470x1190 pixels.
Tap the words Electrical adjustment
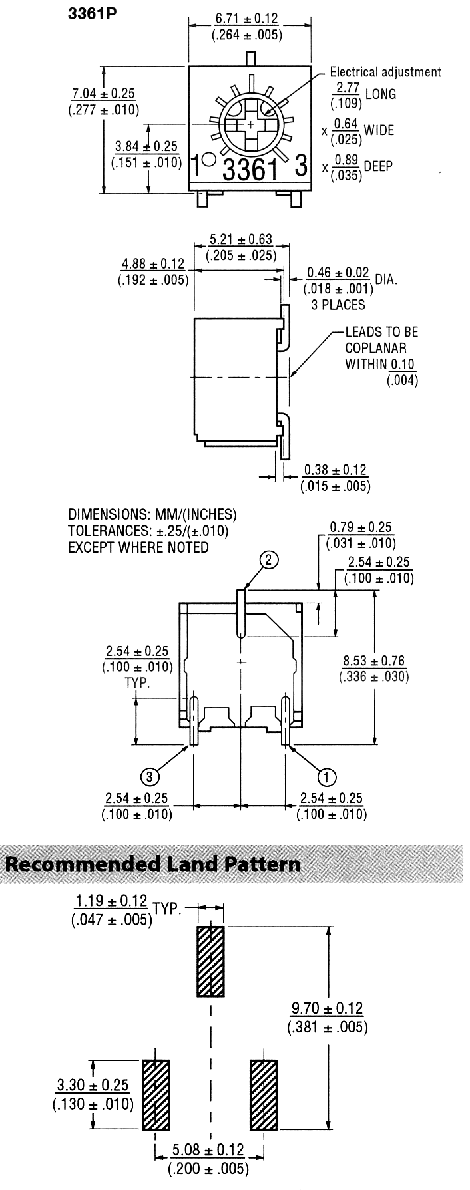(x=385, y=72)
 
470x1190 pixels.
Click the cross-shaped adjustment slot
(x=250, y=125)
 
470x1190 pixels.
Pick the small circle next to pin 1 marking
(x=208, y=160)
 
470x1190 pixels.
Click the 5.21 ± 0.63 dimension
(x=240, y=239)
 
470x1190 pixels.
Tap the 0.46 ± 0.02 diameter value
(x=338, y=273)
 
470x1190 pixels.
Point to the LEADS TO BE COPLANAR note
(x=381, y=347)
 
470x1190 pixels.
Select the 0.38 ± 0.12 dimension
(x=336, y=471)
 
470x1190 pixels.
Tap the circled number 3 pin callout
(x=150, y=776)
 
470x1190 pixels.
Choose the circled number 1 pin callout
(x=327, y=776)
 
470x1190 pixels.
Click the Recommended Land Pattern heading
(x=153, y=864)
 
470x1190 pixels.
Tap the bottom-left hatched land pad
(x=156, y=1094)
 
